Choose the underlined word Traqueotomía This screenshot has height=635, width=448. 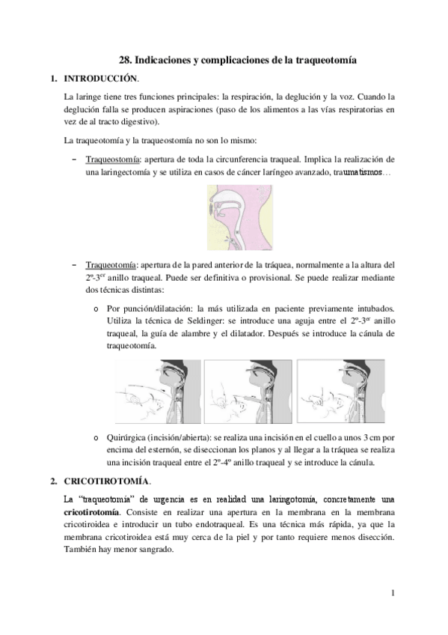pyautogui.click(x=112, y=265)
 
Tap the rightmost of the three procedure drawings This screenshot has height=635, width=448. pyautogui.click(x=341, y=389)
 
